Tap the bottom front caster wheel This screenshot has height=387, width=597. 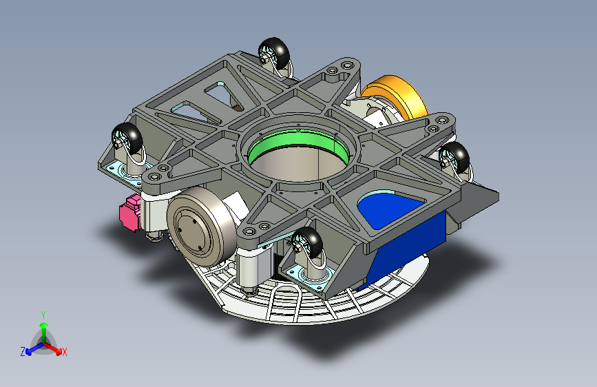pos(308,243)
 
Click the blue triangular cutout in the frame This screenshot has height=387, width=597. pos(388,209)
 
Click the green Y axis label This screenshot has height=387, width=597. pos(43,315)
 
